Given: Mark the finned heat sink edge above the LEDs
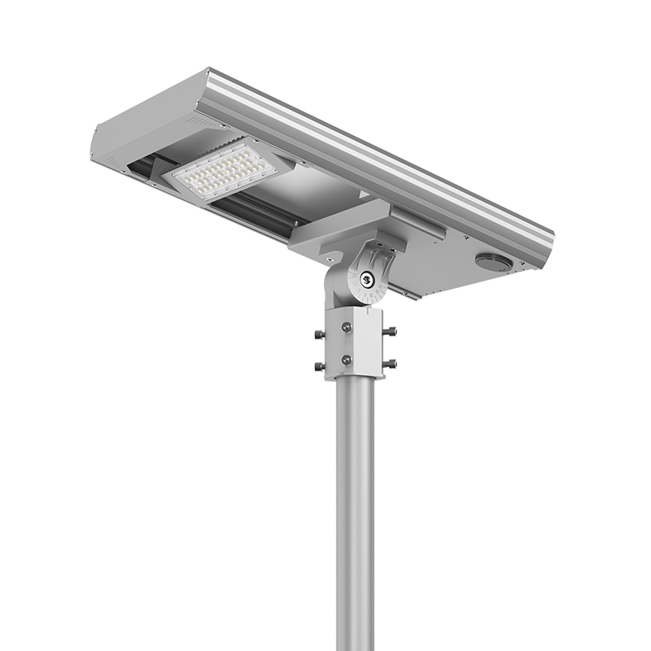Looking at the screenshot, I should [244, 142].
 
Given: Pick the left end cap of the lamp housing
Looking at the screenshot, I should [110, 146].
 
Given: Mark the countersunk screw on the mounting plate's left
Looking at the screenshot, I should [328, 258].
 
